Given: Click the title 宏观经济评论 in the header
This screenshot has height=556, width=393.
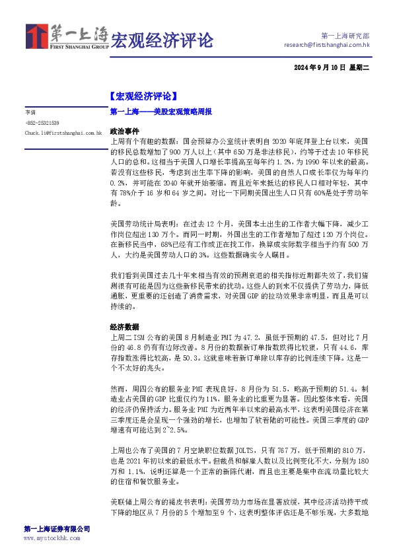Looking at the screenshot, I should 162,41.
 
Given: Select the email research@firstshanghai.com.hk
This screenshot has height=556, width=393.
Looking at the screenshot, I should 326,45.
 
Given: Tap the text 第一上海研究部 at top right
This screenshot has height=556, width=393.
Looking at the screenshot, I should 345,35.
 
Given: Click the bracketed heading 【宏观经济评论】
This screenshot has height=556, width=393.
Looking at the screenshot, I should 142,96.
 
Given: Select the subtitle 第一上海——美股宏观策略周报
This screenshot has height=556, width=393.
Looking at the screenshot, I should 161,113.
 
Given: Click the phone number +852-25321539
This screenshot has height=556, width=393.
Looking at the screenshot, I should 42,123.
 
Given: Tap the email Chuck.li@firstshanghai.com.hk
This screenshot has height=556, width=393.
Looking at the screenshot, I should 63,133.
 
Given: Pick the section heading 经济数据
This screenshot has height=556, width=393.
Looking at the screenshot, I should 125,326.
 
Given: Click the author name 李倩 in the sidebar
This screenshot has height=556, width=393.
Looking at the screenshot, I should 30,113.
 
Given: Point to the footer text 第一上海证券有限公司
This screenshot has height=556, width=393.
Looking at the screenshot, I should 57,530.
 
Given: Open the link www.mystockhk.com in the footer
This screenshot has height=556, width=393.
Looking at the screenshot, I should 52,538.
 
